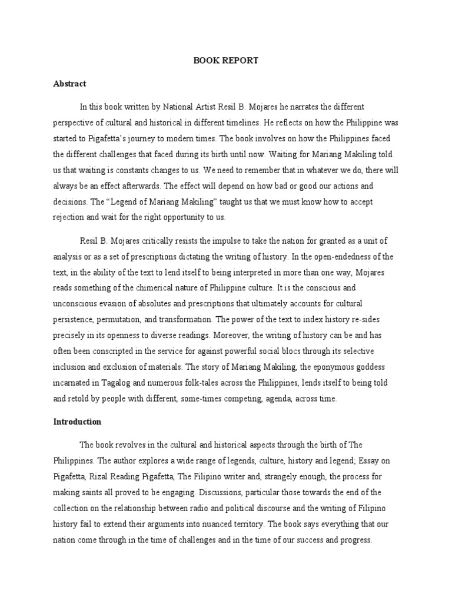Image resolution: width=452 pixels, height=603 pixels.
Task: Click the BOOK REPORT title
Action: (x=226, y=60)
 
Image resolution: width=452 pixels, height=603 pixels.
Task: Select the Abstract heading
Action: (x=69, y=84)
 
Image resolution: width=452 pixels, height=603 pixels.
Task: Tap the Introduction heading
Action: (x=77, y=422)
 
